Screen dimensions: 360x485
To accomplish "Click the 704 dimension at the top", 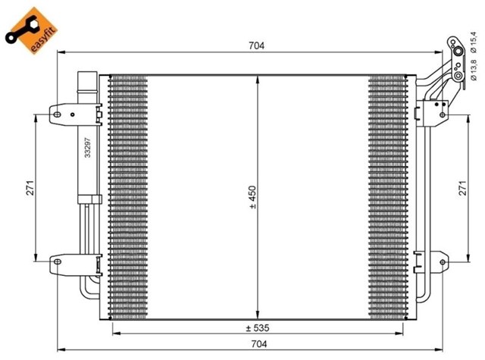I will coord(255,46).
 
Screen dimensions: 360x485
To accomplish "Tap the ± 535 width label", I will coord(255,327).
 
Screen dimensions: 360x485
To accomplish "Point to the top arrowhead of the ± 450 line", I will coord(258,80).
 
